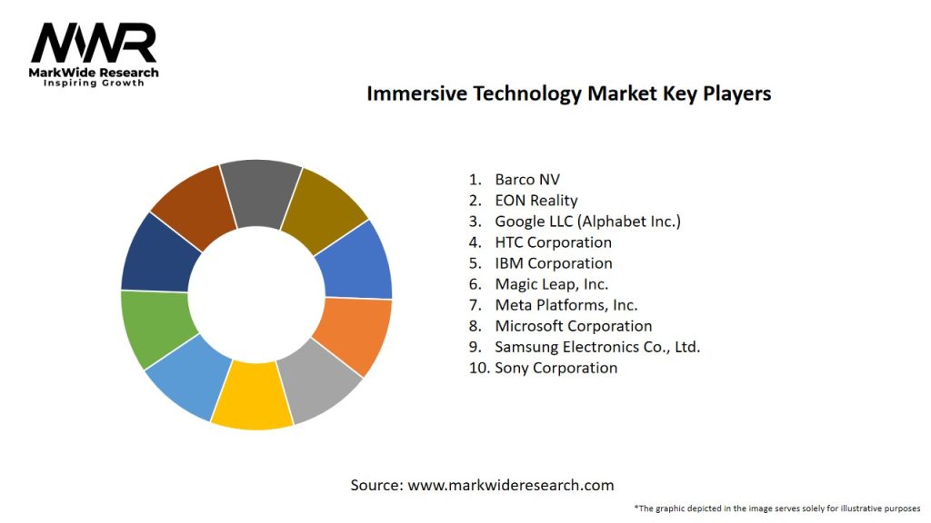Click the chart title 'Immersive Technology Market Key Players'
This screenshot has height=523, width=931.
pos(568,94)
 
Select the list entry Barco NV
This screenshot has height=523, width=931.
pos(527,179)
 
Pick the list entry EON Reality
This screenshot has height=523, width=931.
pos(536,200)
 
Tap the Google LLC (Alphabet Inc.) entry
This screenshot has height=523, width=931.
pos(587,221)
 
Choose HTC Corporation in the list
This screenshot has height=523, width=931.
pos(553,242)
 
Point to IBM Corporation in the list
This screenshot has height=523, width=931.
pos(553,263)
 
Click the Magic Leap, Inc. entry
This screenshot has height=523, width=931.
pos(551,284)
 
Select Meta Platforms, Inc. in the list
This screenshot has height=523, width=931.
pos(566,305)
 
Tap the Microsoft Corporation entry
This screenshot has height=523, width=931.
pos(573,326)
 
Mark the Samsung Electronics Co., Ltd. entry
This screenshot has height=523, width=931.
pos(597,347)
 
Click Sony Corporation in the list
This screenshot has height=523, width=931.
pos(556,368)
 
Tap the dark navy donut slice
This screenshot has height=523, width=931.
pos(160,251)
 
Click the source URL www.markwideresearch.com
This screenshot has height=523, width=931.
pos(510,485)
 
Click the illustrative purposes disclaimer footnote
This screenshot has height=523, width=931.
pos(776,508)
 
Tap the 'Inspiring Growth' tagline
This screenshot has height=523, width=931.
pos(94,84)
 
